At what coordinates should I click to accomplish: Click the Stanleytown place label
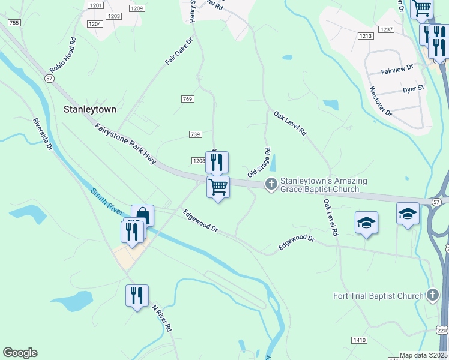pos(90,110)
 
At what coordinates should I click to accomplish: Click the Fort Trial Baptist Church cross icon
pos(432,295)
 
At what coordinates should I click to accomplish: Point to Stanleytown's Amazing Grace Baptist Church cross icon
pos(271,184)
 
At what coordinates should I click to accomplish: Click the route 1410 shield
pos(359,340)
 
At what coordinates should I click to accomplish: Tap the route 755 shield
pos(15,23)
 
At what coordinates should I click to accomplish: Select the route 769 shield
pos(187,99)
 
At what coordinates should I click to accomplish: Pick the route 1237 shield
pos(386,29)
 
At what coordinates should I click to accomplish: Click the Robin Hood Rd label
pos(63,56)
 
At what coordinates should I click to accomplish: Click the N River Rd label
pos(161,319)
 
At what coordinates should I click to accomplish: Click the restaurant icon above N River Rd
pos(137,295)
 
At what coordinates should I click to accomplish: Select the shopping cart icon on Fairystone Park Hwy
pos(218,187)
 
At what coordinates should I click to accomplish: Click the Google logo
pos(20,353)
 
